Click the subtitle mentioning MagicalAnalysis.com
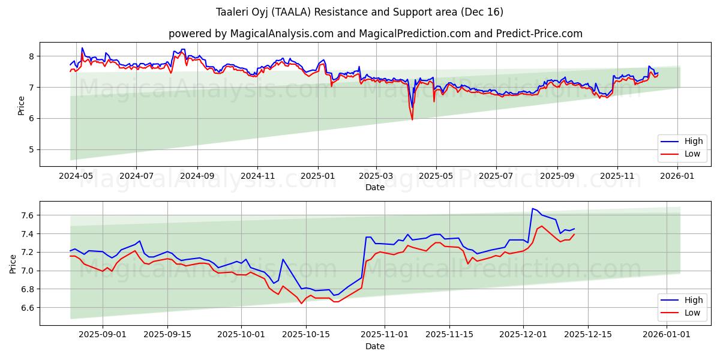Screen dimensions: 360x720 click(375, 34)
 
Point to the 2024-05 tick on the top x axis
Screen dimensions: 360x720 click(76, 176)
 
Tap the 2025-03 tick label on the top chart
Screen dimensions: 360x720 click(376, 176)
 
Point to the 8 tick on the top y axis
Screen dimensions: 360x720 click(31, 56)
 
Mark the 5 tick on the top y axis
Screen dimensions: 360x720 click(31, 149)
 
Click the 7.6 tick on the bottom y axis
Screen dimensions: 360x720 click(27, 215)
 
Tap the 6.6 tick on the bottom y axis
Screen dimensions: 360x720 click(27, 308)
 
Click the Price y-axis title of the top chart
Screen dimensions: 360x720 click(22, 104)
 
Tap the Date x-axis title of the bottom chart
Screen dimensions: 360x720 click(375, 346)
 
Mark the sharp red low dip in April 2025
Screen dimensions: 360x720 click(412, 119)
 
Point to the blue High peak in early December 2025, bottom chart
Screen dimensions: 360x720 click(533, 209)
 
